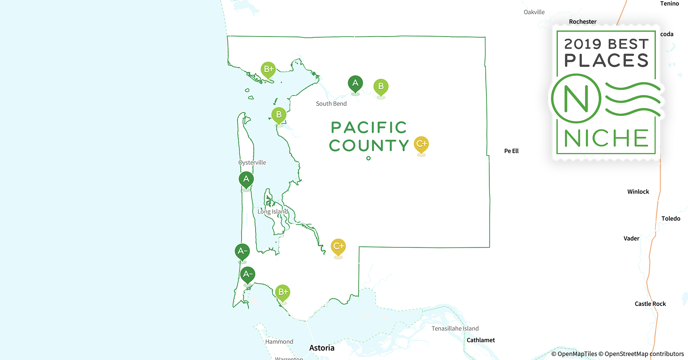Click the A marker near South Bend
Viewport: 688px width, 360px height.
click(355, 84)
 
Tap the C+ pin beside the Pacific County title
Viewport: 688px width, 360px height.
click(421, 144)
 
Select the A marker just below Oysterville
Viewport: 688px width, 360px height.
click(246, 179)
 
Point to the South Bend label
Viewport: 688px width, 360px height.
click(331, 104)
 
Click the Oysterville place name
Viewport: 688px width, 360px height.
click(252, 163)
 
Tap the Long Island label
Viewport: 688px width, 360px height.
click(273, 212)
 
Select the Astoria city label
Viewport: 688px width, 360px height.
click(322, 348)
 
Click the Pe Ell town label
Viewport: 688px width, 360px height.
click(511, 151)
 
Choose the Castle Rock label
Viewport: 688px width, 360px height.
click(650, 304)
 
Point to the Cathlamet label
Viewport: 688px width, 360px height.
click(481, 340)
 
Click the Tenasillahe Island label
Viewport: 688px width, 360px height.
click(455, 328)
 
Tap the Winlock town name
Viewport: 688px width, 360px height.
click(638, 192)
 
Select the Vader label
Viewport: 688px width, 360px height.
click(631, 238)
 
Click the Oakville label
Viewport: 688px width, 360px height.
click(534, 12)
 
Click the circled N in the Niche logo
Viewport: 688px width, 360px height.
click(576, 98)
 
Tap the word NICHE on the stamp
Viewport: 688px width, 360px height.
click(606, 138)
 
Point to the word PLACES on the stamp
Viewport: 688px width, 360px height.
click(606, 60)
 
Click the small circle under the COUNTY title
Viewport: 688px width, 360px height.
click(368, 158)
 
